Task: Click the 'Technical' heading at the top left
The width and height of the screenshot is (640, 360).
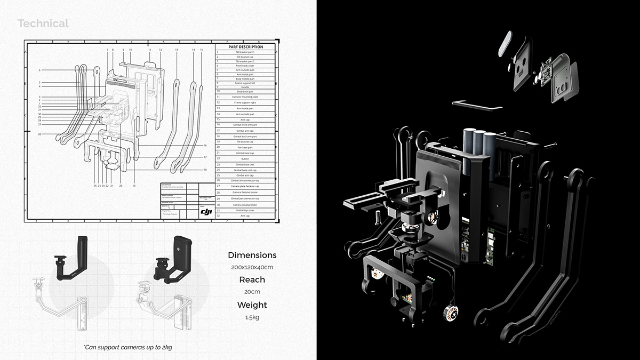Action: pyautogui.click(x=43, y=23)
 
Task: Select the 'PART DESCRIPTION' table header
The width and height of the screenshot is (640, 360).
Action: pyautogui.click(x=245, y=47)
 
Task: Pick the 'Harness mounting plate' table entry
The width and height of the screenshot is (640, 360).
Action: pyautogui.click(x=245, y=97)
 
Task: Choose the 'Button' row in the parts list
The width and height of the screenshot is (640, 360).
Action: pyautogui.click(x=245, y=158)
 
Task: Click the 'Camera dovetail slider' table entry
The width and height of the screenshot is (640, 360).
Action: pyautogui.click(x=245, y=205)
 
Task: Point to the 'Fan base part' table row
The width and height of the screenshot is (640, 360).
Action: pyautogui.click(x=245, y=147)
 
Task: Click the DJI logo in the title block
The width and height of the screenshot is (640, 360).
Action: pyautogui.click(x=206, y=212)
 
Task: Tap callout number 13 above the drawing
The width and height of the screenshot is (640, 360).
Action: pyautogui.click(x=177, y=50)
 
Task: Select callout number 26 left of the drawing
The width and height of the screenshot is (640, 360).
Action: pyautogui.click(x=39, y=134)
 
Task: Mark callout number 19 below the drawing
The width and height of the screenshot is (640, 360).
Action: pyautogui.click(x=134, y=186)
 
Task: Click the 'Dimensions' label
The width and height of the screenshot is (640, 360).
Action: pyautogui.click(x=252, y=255)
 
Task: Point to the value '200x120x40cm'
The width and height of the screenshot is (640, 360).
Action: pyautogui.click(x=252, y=267)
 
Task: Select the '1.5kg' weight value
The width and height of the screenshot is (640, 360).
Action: pyautogui.click(x=252, y=317)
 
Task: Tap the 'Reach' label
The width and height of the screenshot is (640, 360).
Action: pyautogui.click(x=252, y=280)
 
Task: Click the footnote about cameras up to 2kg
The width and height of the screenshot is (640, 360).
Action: pyautogui.click(x=127, y=347)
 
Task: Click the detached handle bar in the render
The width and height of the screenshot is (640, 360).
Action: pyautogui.click(x=477, y=106)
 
